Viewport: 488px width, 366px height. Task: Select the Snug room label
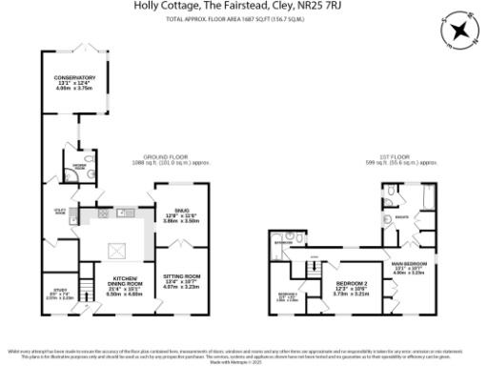tap(171, 213)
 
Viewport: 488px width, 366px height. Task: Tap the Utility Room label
tap(59, 212)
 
